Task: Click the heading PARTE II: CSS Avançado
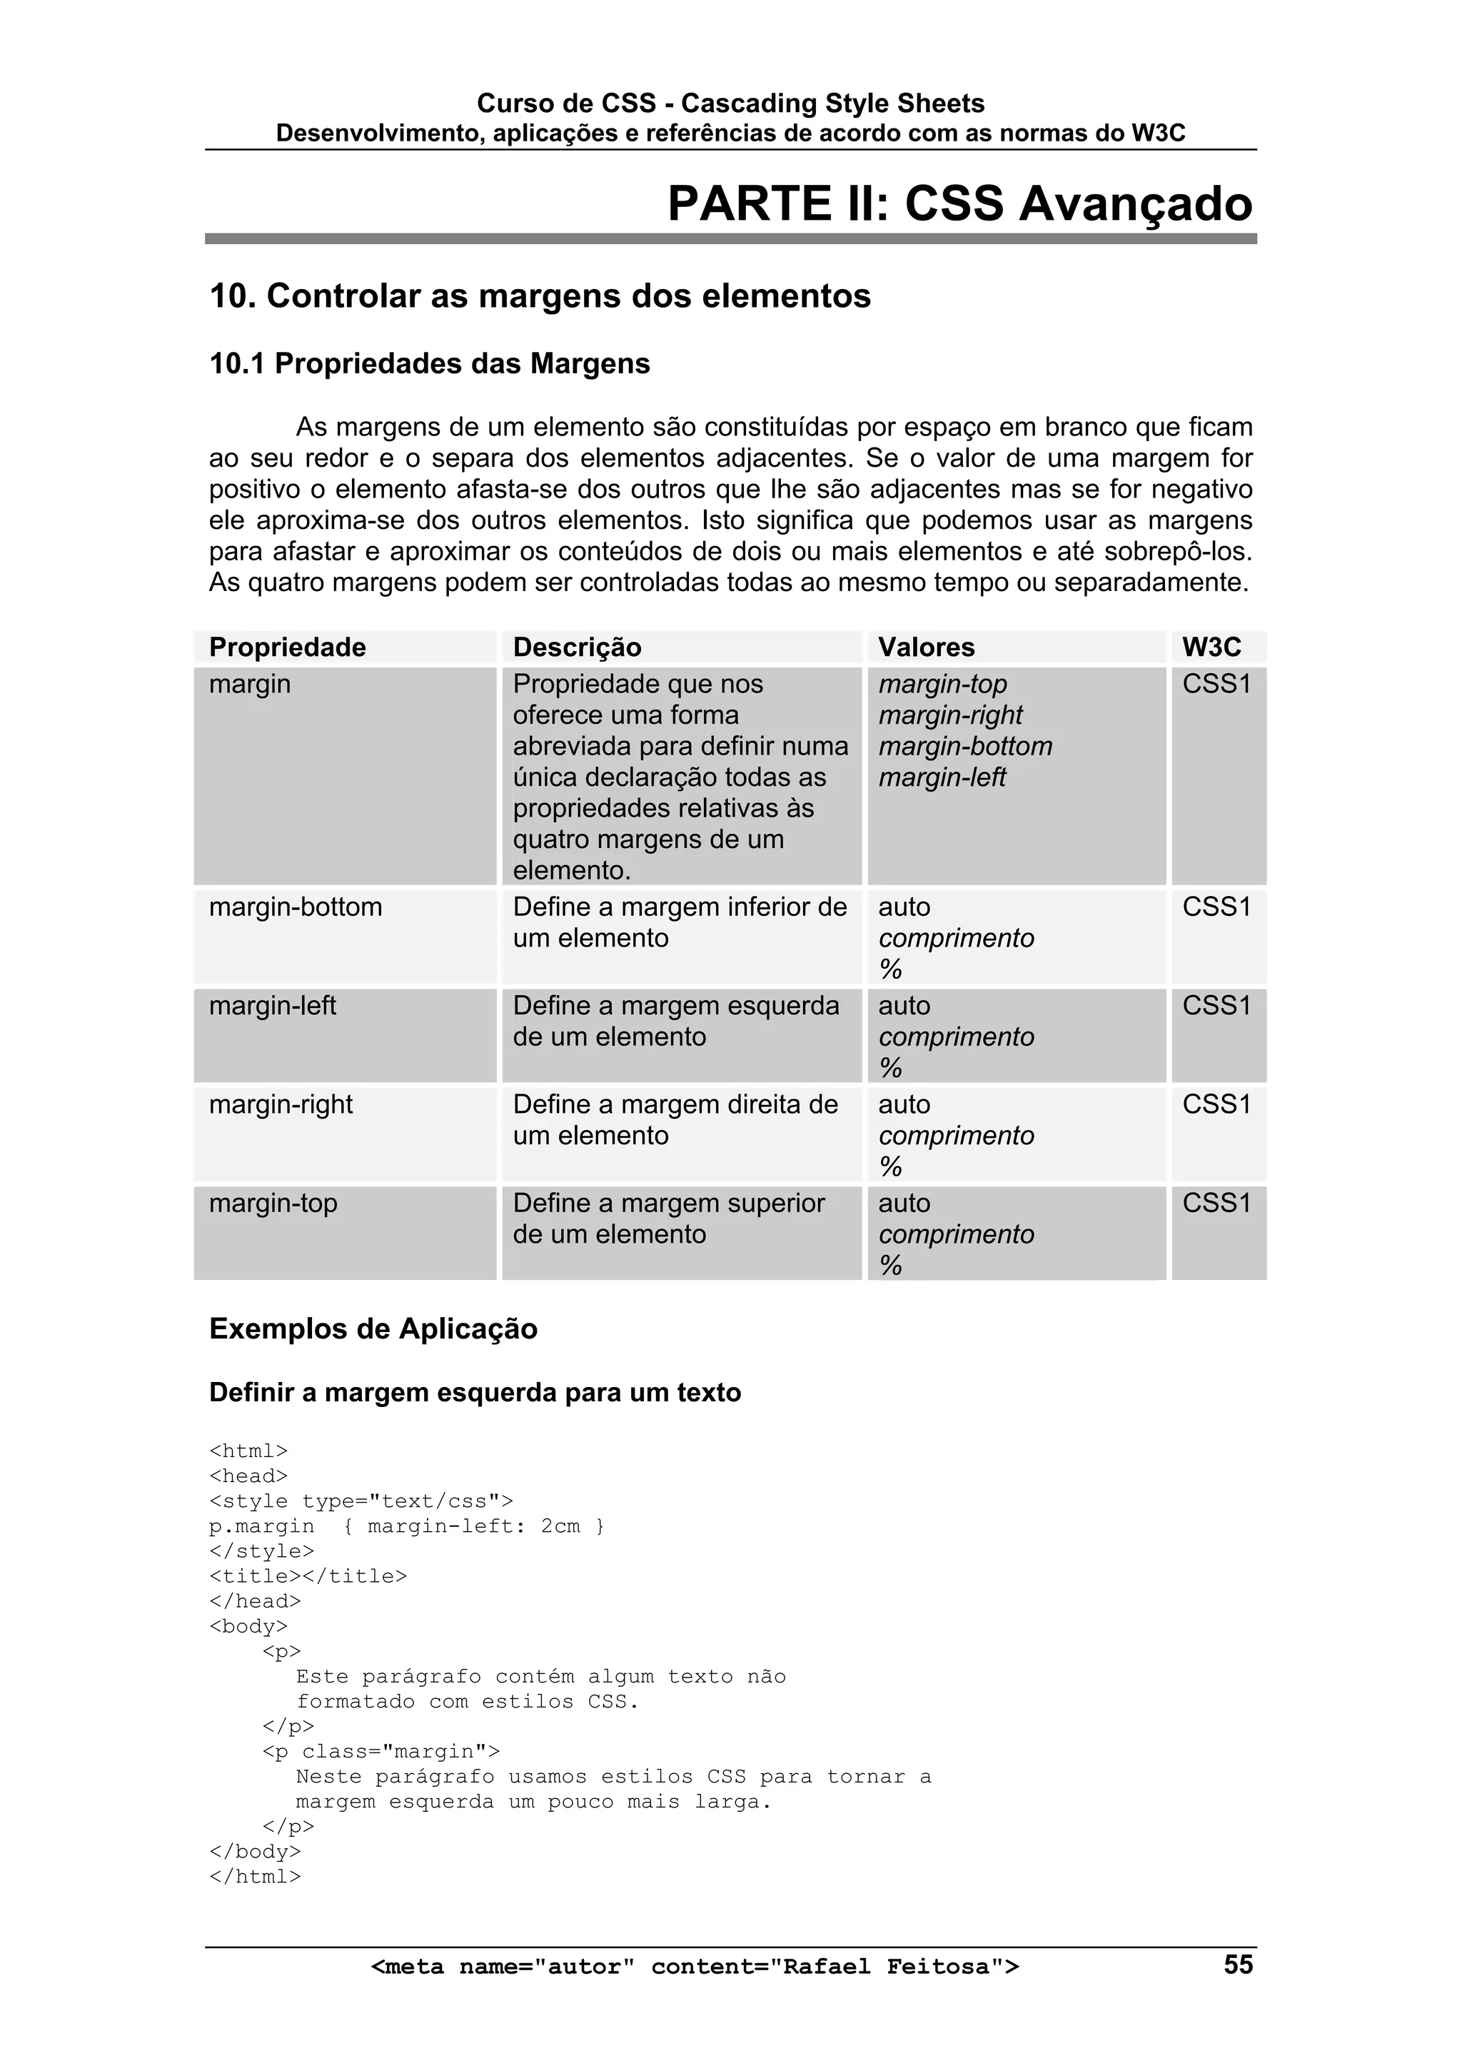(x=959, y=203)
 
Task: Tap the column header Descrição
(x=578, y=647)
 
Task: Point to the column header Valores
(x=926, y=647)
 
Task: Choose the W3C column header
(x=1211, y=647)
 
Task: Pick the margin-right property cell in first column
(x=281, y=1104)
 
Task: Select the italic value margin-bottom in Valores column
(x=964, y=746)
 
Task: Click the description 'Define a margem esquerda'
(x=675, y=1005)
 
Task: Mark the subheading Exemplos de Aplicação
(x=373, y=1328)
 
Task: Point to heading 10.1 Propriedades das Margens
(x=430, y=364)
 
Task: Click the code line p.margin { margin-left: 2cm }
(x=406, y=1525)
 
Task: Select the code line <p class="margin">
(x=381, y=1751)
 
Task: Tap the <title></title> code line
(x=308, y=1575)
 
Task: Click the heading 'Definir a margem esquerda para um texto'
(x=475, y=1393)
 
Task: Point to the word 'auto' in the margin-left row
(x=904, y=1005)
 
